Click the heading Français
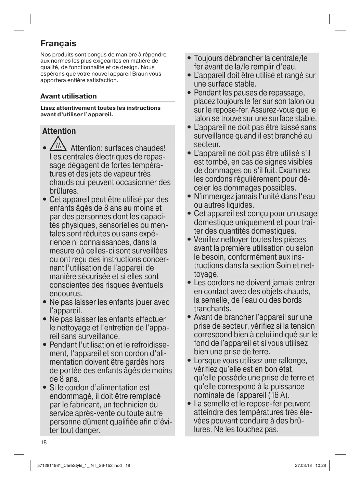(x=58, y=43)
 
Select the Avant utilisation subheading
(x=68, y=96)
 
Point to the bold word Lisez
(x=48, y=108)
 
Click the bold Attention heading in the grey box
(x=59, y=131)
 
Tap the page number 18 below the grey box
(x=43, y=443)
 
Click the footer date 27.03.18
(x=303, y=466)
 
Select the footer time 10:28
(x=321, y=466)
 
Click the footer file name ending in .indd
(x=79, y=466)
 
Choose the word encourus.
(x=66, y=294)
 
